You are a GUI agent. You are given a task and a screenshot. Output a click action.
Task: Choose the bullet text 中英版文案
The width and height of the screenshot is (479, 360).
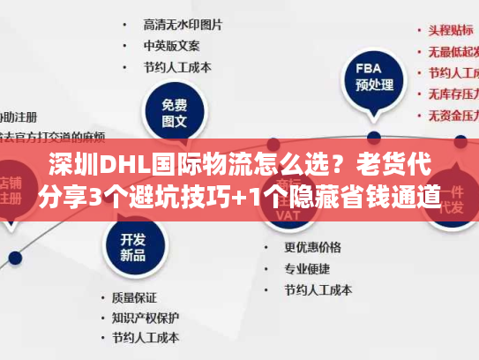click(171, 45)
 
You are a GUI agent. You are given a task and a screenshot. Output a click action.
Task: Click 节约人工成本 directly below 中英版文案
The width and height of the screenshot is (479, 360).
click(177, 67)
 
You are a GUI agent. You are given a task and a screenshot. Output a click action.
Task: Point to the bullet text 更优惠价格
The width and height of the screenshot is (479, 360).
click(312, 247)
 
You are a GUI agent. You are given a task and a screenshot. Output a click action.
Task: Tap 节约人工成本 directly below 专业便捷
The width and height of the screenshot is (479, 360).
click(318, 289)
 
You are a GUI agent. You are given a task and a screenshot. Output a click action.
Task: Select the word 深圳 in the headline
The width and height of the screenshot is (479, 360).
click(72, 165)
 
